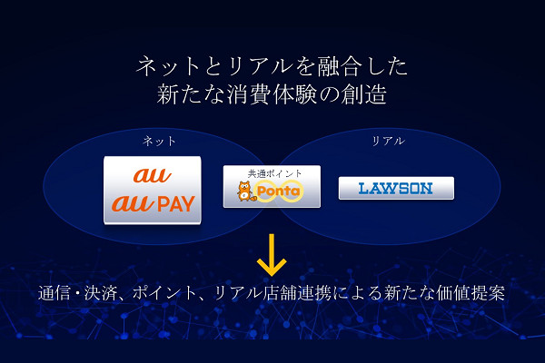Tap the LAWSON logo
point(396,189)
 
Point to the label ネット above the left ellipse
point(159,142)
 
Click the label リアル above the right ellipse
point(389,142)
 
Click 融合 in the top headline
point(312,66)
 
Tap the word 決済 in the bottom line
point(96,295)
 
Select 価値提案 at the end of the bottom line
point(472,295)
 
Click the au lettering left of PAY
point(130,203)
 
